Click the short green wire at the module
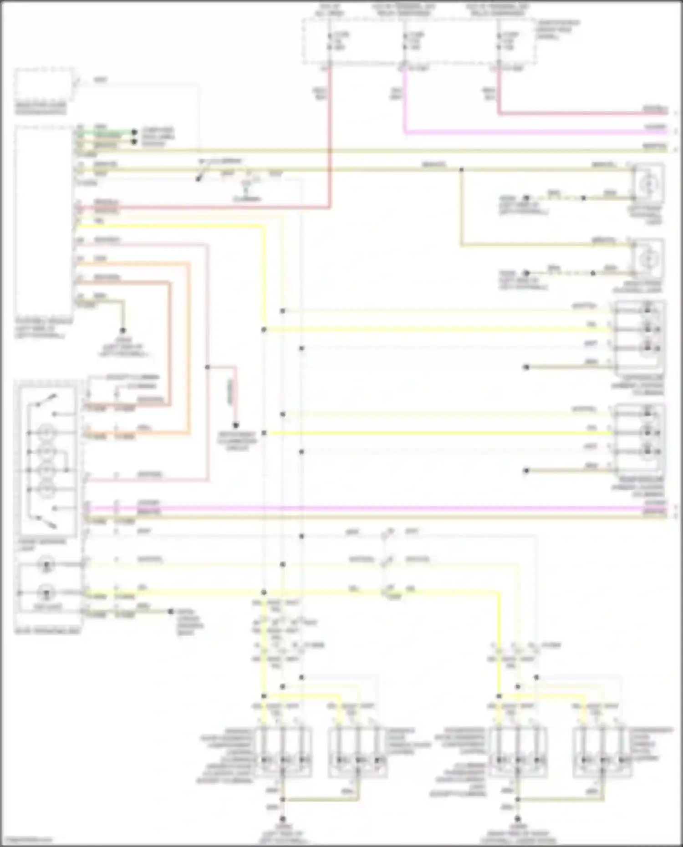pos(105,132)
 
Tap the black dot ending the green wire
pos(134,132)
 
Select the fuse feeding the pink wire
pos(404,41)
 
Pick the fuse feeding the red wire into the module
pos(329,41)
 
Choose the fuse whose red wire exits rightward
pos(499,41)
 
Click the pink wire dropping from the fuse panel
pos(404,100)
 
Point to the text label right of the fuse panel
pos(558,30)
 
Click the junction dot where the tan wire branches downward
pos(461,170)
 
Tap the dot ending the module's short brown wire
pos(122,330)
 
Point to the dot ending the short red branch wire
pos(236,426)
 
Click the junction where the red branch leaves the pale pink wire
pos(208,367)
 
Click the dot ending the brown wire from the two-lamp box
pos(171,611)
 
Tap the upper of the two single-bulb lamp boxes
pos(647,184)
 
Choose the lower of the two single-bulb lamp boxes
pos(647,259)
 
